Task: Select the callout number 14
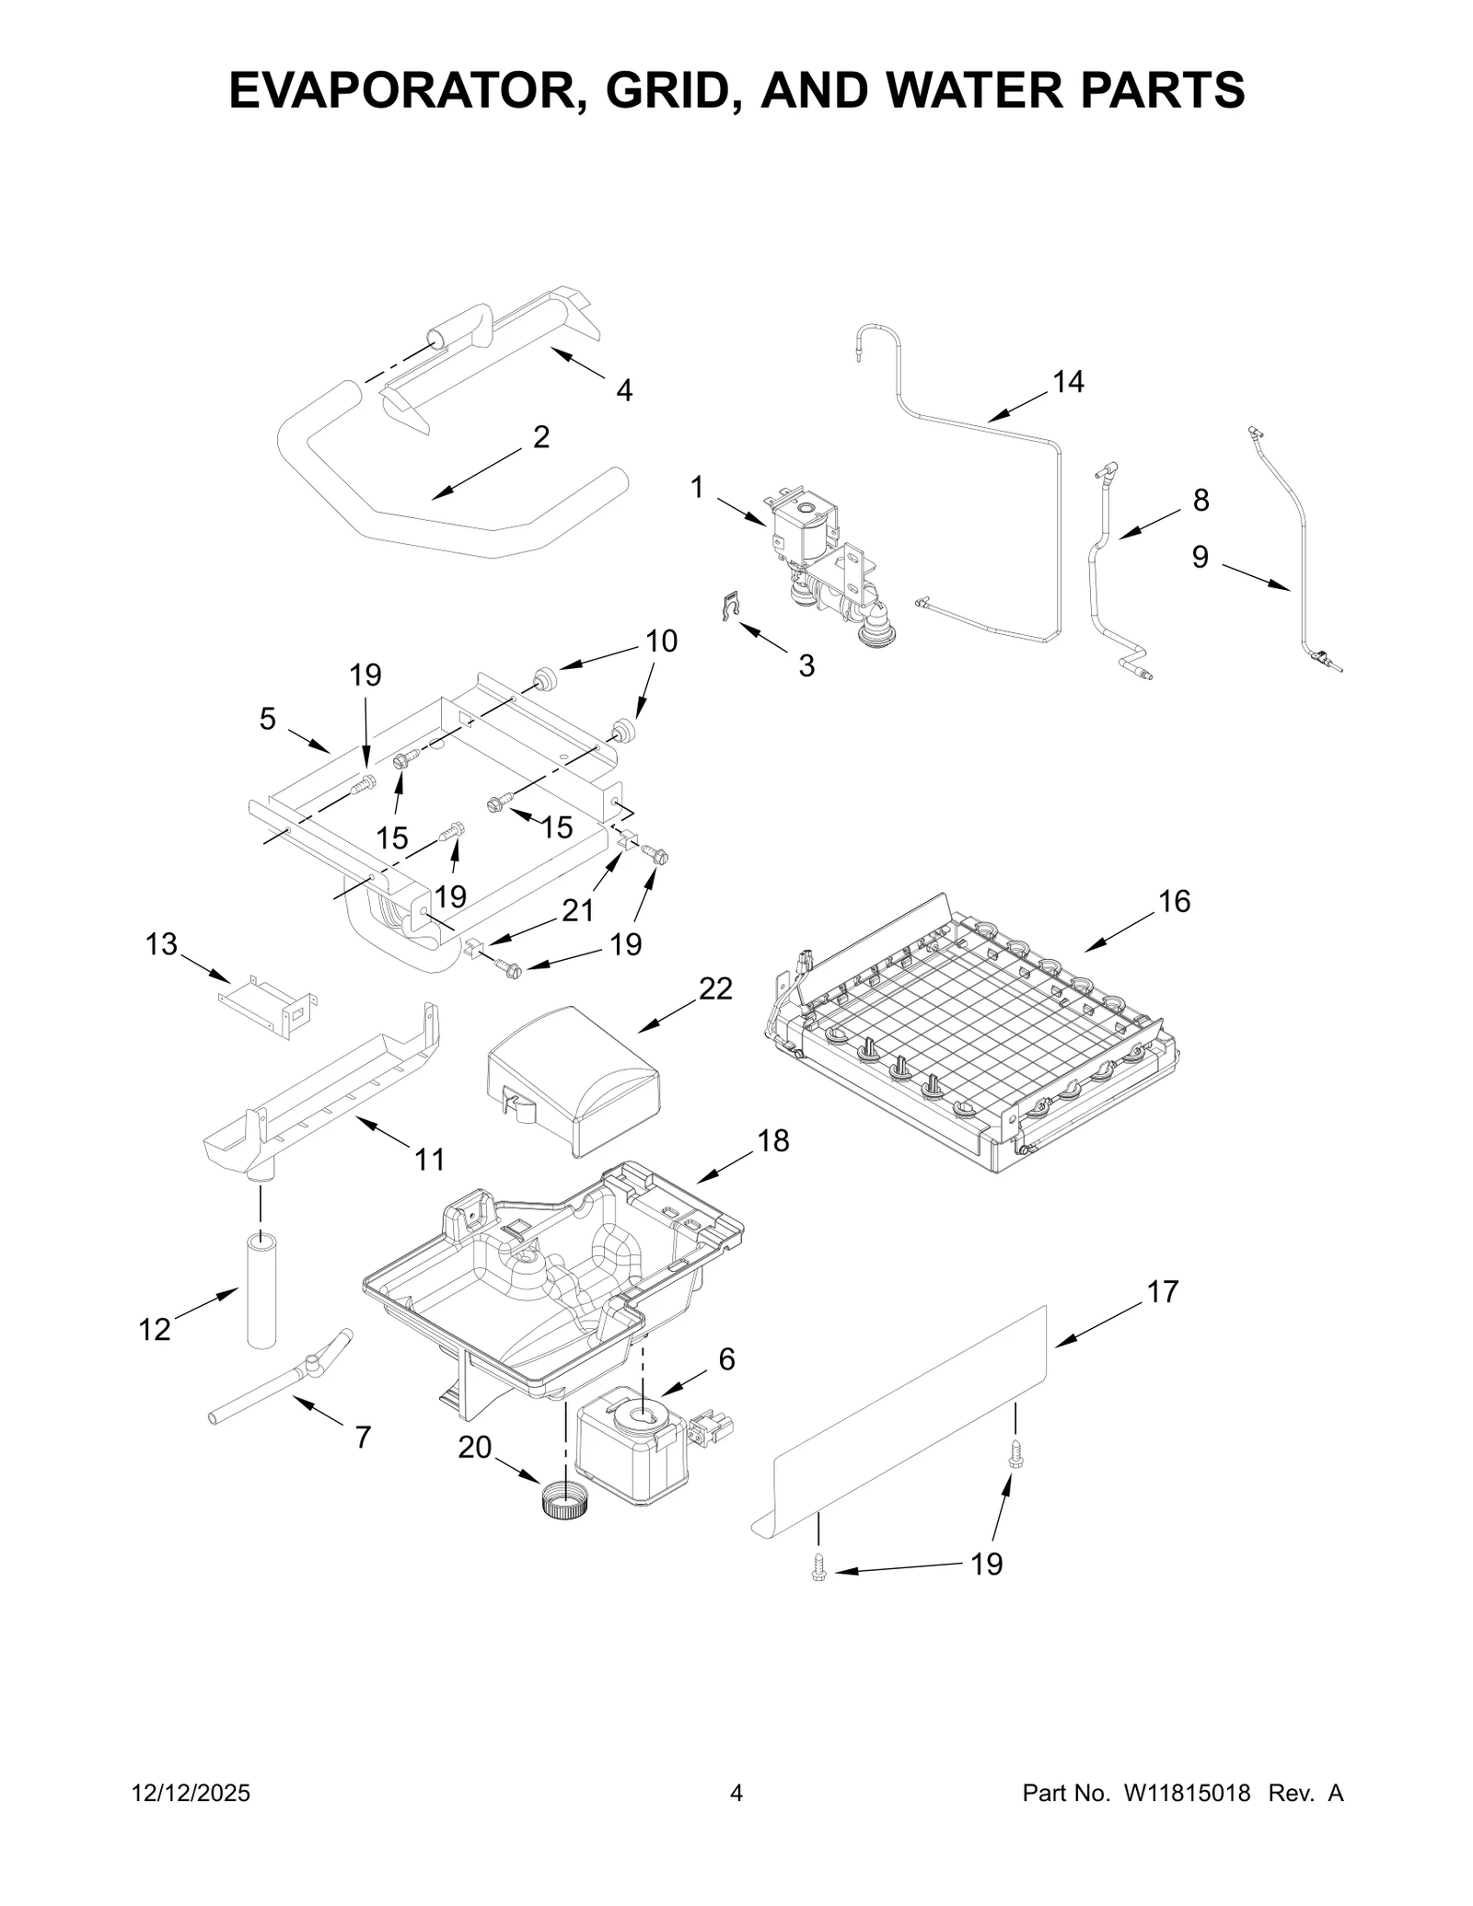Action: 1068,381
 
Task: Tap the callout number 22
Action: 715,988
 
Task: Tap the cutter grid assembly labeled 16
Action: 967,1040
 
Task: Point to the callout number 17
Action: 1163,1292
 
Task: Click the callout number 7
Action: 363,1437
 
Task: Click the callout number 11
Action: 429,1160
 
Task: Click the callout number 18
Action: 773,1140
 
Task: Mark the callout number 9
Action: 1200,557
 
